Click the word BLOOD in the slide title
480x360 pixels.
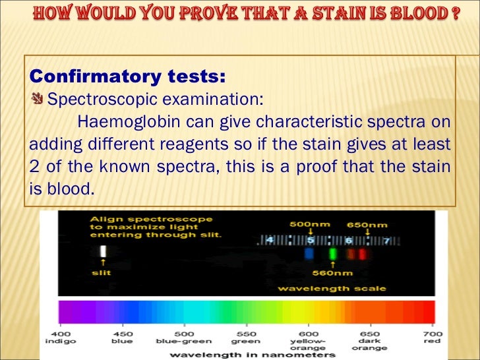(x=416, y=15)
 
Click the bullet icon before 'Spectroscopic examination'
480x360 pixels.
(x=38, y=99)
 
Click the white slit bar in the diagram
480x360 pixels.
(x=102, y=251)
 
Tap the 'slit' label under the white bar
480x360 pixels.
(x=102, y=272)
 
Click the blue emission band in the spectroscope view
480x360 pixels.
(x=309, y=253)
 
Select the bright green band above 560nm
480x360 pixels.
(x=333, y=253)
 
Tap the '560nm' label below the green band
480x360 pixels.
(x=332, y=272)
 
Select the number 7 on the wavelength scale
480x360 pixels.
(x=387, y=239)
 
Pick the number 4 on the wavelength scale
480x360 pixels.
(x=270, y=239)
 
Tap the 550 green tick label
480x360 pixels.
(x=245, y=336)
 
